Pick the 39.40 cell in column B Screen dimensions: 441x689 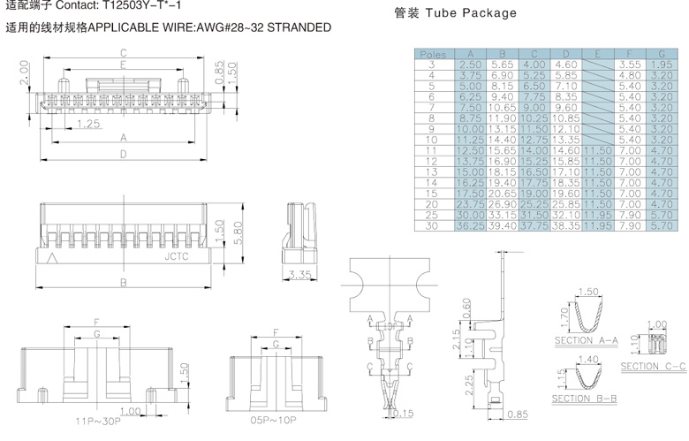(502, 226)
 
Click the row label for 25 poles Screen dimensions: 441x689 (433, 215)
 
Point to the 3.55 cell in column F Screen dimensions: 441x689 (630, 65)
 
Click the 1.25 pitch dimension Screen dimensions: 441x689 (87, 124)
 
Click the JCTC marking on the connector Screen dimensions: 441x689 (177, 259)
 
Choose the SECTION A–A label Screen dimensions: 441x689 (584, 341)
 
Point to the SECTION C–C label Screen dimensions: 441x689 (653, 366)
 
